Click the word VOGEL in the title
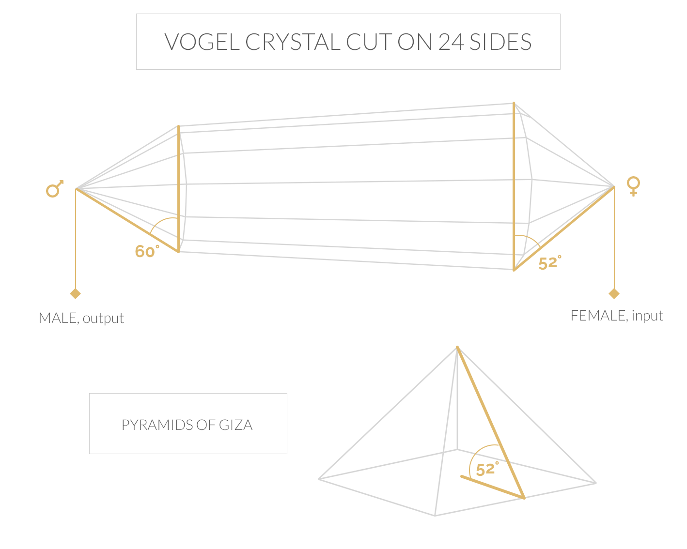pos(202,42)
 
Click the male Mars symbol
pos(54,189)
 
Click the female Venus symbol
pos(633,186)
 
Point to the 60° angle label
pos(146,251)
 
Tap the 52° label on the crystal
pos(549,263)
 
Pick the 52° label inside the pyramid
pos(486,469)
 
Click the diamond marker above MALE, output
pos(76,293)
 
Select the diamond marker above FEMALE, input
pos(614,293)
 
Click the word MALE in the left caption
pos(59,318)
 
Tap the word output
pos(103,318)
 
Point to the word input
pos(647,316)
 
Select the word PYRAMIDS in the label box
pos(153,425)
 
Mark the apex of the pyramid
pos(457,347)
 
